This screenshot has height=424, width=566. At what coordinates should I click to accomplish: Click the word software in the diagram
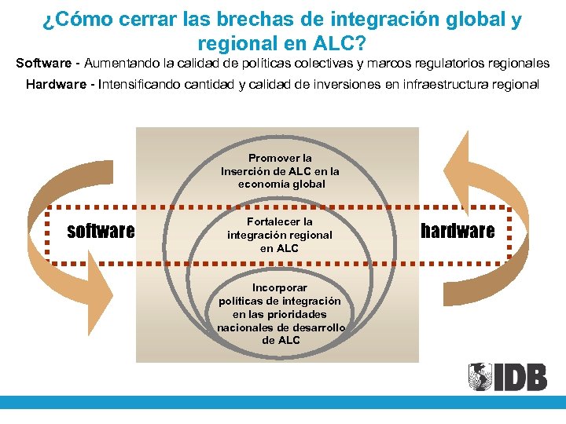101,231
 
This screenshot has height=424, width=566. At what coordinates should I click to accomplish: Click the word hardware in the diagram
458,230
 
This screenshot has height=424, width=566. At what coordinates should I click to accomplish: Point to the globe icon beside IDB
480,377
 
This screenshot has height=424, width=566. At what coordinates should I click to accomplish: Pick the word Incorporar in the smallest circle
280,287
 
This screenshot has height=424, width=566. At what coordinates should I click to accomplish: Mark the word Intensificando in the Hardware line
138,84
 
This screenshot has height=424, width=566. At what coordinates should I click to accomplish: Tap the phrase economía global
281,184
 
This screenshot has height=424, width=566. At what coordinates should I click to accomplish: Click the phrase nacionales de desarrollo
281,327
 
